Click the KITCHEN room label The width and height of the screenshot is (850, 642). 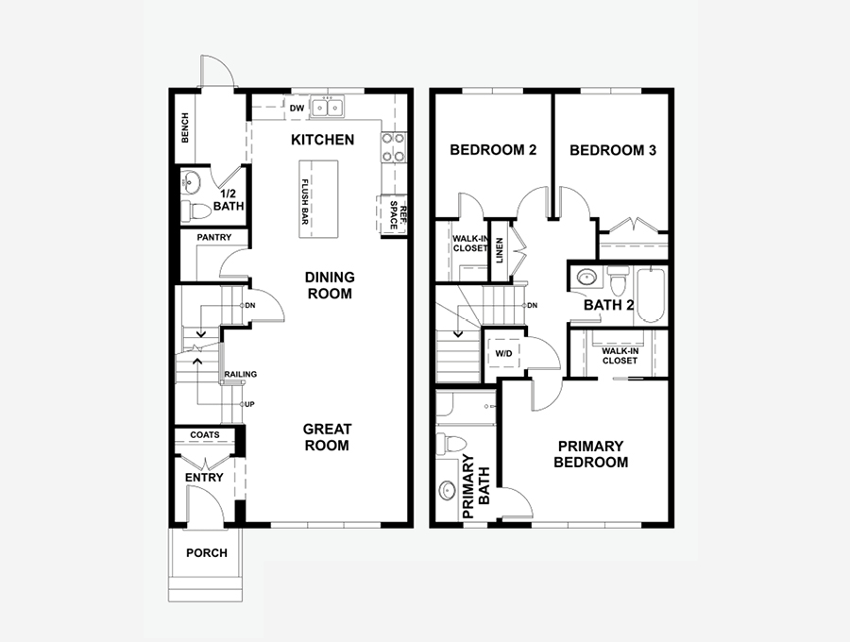click(323, 140)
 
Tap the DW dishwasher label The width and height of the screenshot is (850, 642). click(297, 109)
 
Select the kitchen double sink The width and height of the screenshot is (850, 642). click(328, 108)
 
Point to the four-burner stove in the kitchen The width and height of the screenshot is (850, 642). click(393, 147)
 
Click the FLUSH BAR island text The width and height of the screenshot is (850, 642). click(305, 202)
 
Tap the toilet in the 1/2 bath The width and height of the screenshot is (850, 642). click(195, 211)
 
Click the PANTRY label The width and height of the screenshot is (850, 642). click(214, 237)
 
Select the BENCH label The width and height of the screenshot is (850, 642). click(185, 127)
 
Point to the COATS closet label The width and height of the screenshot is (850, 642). click(205, 434)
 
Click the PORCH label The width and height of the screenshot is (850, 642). click(207, 553)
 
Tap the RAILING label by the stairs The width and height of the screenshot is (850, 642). click(241, 375)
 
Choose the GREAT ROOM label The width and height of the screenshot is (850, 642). click(327, 437)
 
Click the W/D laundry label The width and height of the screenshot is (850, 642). click(503, 354)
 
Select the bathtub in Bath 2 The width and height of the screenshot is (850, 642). click(651, 296)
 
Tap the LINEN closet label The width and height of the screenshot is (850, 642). click(500, 251)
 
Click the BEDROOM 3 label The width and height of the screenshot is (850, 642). click(613, 150)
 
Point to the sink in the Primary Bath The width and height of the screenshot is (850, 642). click(448, 490)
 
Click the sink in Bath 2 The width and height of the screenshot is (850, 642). click(586, 278)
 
